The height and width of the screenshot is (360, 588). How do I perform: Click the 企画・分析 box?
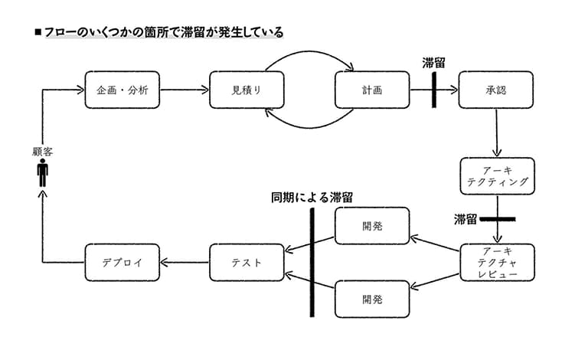click(x=122, y=90)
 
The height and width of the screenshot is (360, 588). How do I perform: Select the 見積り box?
click(x=247, y=90)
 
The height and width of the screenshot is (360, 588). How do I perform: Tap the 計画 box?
click(x=372, y=90)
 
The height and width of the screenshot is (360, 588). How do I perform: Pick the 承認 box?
click(x=496, y=90)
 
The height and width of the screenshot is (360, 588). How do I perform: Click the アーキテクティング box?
click(x=497, y=176)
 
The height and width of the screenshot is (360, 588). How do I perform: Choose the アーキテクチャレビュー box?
click(x=497, y=263)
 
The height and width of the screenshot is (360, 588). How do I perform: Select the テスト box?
click(x=247, y=263)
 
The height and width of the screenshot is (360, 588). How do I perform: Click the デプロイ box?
click(x=122, y=263)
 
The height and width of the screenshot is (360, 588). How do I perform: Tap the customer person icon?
click(x=43, y=172)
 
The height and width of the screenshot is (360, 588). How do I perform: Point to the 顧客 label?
click(x=42, y=152)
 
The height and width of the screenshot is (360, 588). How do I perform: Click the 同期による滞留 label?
click(x=312, y=198)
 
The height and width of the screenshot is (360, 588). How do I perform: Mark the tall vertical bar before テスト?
click(x=312, y=263)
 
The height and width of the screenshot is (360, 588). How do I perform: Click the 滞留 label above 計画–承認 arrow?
click(x=433, y=63)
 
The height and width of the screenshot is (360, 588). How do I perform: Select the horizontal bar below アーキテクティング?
click(x=498, y=219)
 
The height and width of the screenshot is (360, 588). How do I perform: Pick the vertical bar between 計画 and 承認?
click(x=434, y=90)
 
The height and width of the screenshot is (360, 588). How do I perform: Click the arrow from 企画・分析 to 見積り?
click(x=184, y=90)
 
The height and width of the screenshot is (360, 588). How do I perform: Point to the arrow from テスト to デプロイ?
click(x=185, y=262)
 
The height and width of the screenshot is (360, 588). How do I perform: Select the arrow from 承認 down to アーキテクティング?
click(x=496, y=133)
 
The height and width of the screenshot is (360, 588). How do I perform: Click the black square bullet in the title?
click(x=38, y=32)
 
